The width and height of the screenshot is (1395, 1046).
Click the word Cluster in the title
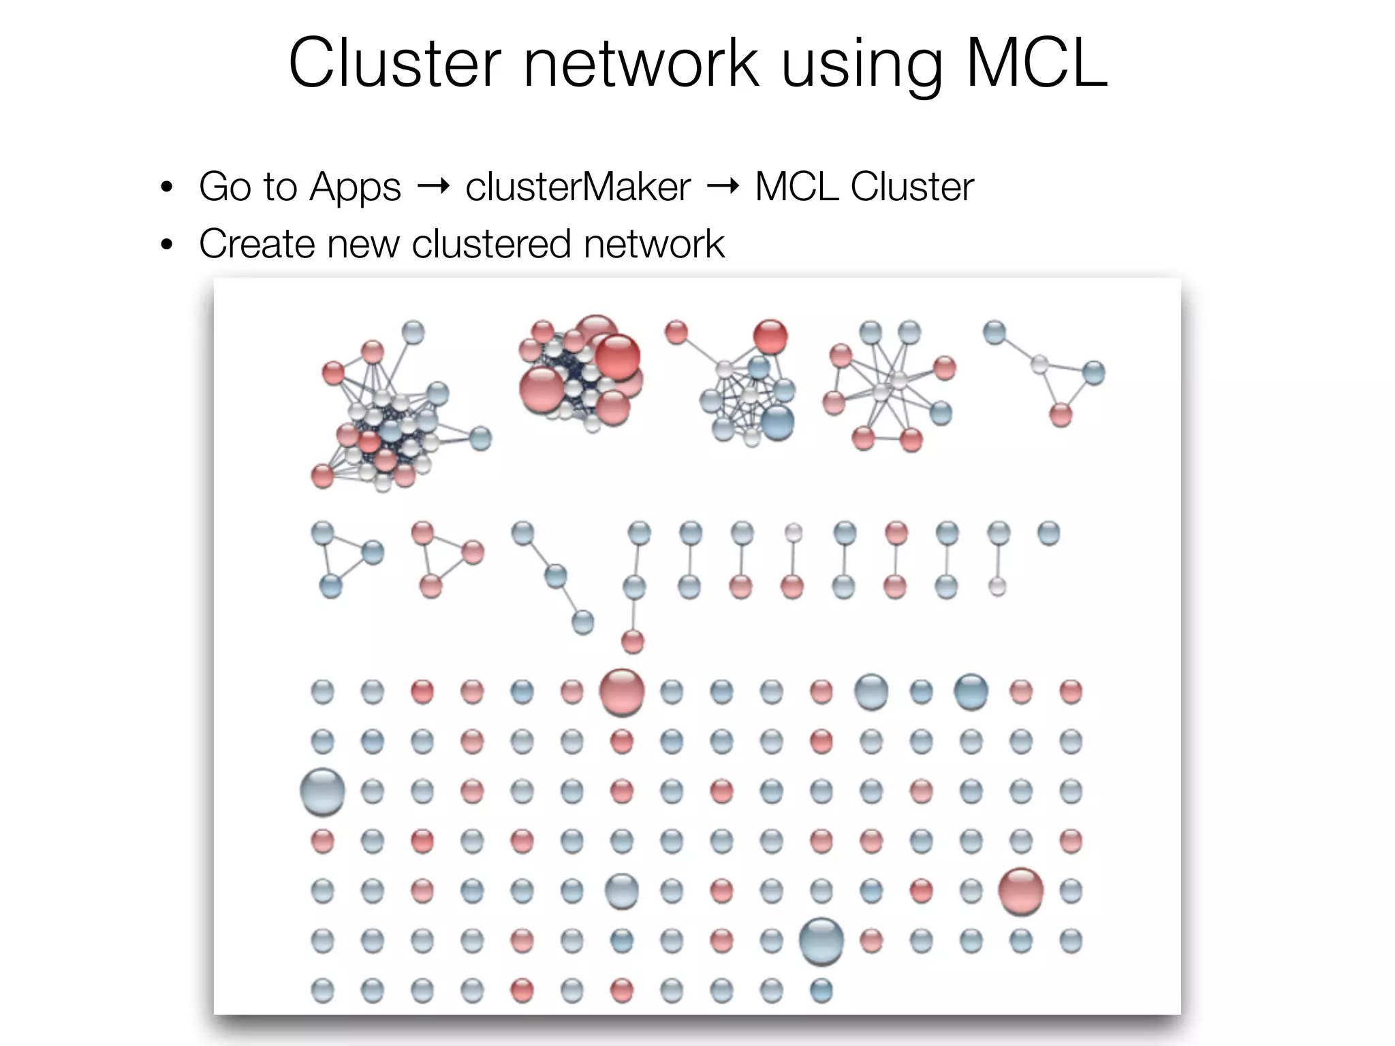pos(394,63)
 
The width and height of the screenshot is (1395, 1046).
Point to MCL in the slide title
pos(1036,63)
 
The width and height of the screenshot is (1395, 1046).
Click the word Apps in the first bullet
pos(354,187)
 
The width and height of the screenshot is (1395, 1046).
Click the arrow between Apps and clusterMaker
pos(433,186)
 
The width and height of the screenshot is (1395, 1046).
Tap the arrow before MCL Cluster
pos(723,186)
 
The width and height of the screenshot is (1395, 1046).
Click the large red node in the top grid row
pos(621,692)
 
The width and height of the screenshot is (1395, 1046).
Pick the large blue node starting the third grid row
pos(322,791)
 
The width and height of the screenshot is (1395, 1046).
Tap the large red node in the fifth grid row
pos(1020,890)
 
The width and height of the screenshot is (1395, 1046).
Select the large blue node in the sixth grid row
pos(821,941)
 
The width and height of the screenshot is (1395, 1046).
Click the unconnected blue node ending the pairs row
pos(1048,533)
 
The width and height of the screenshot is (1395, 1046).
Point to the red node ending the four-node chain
pos(633,641)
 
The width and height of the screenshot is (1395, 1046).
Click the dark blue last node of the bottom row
pos(821,990)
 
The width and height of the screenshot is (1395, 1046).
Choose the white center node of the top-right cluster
pos(1039,365)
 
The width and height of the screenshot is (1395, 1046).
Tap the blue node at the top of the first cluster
pos(413,333)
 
